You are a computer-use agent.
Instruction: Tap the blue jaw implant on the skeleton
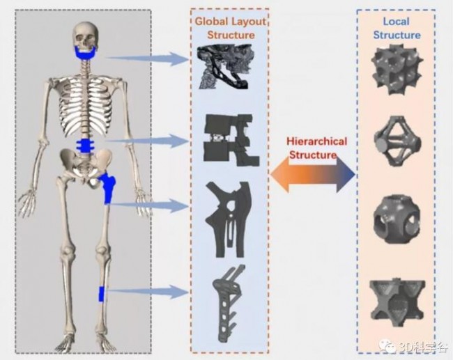pos(86,54)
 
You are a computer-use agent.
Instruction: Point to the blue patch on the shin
pos(102,294)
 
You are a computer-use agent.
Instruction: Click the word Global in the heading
pos(210,22)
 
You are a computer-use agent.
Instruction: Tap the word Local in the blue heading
pos(396,22)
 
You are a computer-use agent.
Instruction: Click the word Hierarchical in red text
pos(316,141)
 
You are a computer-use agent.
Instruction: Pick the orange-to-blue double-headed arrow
pos(313,175)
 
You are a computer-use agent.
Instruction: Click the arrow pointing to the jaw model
pos(147,58)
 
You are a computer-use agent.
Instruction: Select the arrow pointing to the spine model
pos(147,141)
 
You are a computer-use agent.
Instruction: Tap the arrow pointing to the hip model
pos(148,205)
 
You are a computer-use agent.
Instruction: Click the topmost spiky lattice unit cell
pos(397,70)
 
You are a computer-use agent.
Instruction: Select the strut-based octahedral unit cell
pos(397,141)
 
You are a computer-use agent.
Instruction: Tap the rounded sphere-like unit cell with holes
pos(396,219)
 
